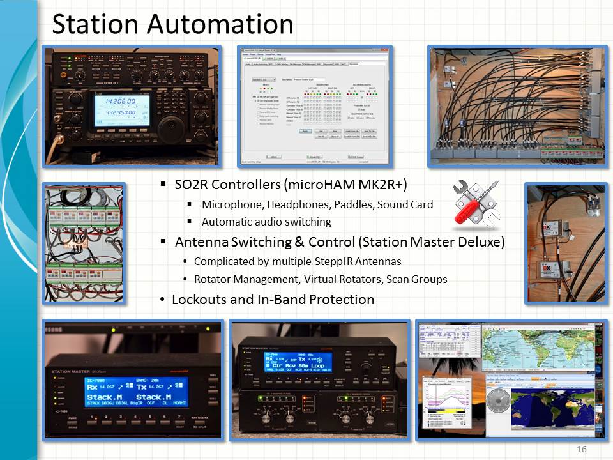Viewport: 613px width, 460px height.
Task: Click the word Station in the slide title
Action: pos(95,24)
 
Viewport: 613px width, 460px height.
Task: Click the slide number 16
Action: pos(581,449)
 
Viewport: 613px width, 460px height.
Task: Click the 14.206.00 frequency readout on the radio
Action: pos(121,101)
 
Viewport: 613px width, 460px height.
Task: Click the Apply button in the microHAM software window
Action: pos(305,131)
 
